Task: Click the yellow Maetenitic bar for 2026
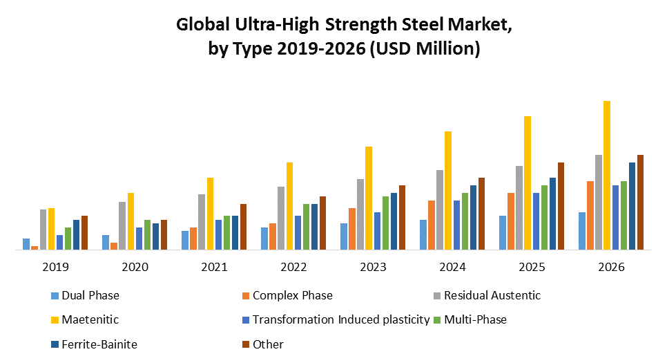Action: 607,176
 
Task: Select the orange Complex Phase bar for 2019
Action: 35,248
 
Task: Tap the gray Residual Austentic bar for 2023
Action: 360,214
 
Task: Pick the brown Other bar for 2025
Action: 561,206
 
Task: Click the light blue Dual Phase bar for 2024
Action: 423,234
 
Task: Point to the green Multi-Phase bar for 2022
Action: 306,227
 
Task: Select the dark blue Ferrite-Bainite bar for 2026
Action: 632,206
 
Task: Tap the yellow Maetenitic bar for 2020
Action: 130,221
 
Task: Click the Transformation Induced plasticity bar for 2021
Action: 218,234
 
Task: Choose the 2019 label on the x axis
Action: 56,267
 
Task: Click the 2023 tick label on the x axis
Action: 374,267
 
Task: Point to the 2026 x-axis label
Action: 611,267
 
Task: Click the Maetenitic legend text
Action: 90,319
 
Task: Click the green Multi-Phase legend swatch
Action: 437,320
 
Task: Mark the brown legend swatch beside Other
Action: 246,344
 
